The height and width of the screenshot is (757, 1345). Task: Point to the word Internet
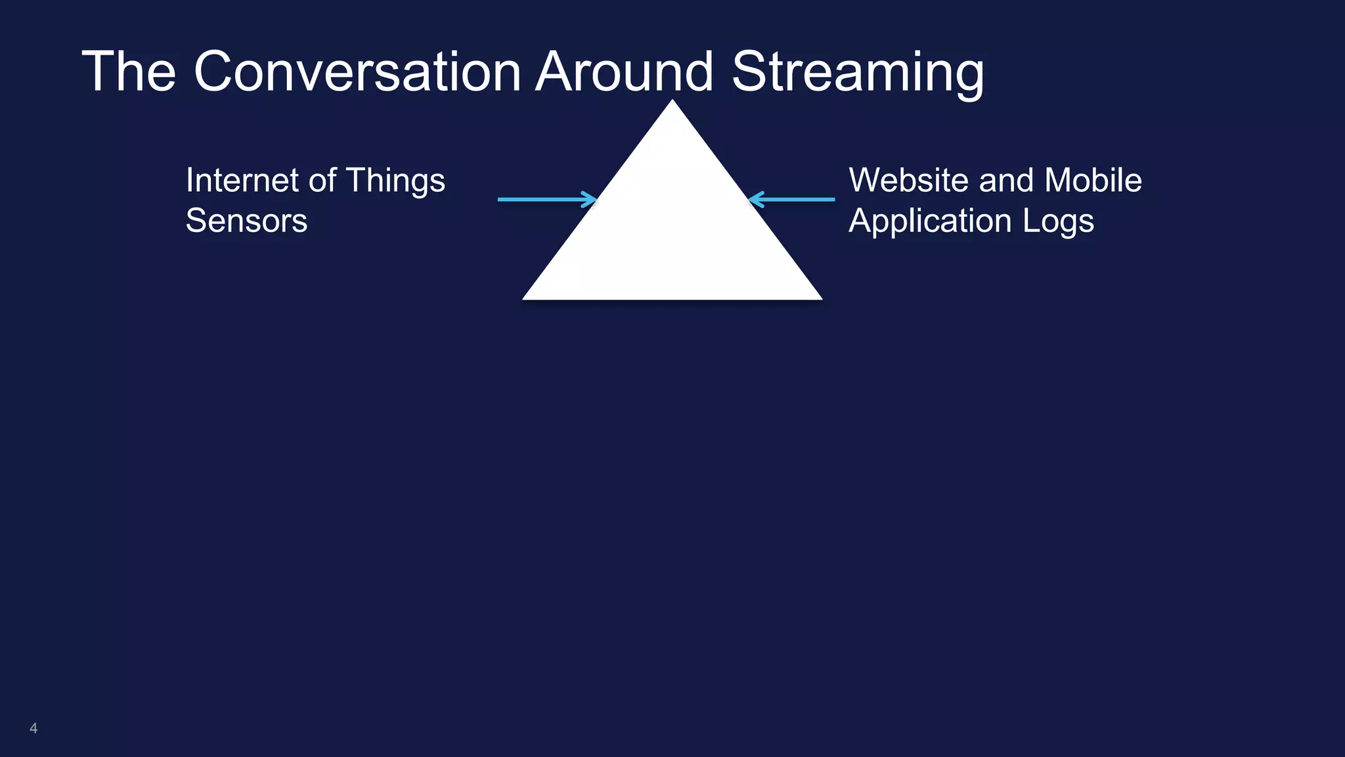click(x=242, y=180)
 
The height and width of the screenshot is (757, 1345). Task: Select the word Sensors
click(x=246, y=221)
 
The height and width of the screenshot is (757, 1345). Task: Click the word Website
click(x=908, y=180)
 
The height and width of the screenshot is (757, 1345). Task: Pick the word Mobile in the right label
click(x=1093, y=180)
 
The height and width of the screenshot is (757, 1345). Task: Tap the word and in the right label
click(x=1006, y=180)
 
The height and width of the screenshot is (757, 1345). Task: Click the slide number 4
click(x=33, y=728)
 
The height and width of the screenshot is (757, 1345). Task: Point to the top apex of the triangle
click(x=672, y=103)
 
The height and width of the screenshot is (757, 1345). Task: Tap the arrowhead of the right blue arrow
click(x=755, y=199)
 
